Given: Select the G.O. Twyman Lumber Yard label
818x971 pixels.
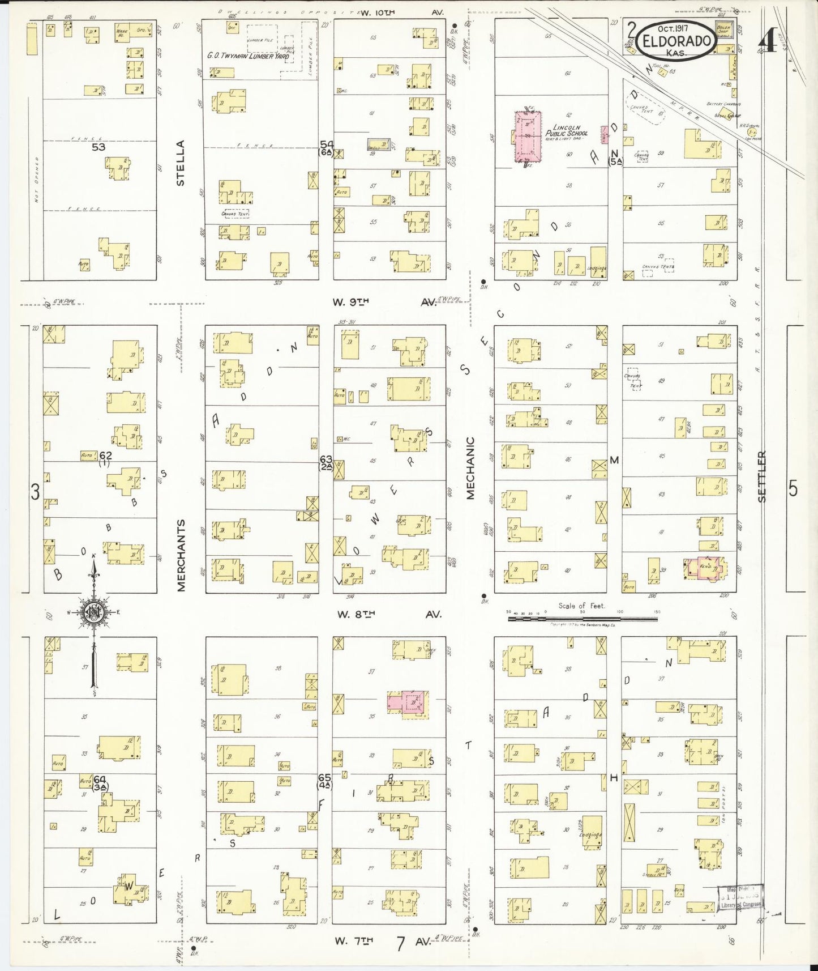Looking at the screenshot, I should (x=248, y=56).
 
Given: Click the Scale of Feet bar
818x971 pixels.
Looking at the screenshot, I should (x=582, y=619).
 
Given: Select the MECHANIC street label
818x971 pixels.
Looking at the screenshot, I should (x=470, y=468).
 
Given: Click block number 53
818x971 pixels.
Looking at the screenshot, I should (x=98, y=147).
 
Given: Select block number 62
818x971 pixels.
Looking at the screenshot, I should (x=105, y=455).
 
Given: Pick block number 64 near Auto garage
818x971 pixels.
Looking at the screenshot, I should (x=100, y=780).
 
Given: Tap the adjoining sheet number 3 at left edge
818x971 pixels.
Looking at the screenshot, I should (x=35, y=492).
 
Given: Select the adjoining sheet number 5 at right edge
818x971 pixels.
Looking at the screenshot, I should (x=793, y=488).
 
